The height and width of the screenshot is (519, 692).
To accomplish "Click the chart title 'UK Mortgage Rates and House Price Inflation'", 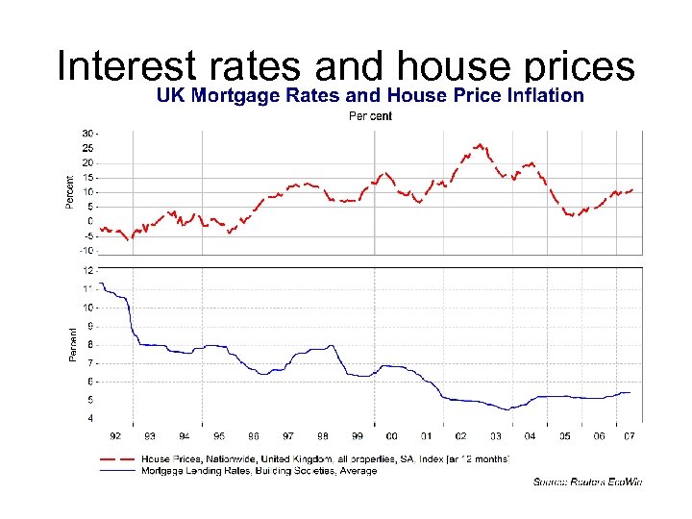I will (x=370, y=95).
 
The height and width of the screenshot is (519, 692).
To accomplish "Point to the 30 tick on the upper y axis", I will (x=88, y=133).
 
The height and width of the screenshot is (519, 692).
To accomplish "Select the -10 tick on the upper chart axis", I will (x=86, y=251).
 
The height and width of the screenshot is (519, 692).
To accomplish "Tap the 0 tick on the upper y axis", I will (x=90, y=221).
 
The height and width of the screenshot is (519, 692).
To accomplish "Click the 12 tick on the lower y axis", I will (x=88, y=270).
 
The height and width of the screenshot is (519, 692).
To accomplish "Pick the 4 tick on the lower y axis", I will (x=90, y=418).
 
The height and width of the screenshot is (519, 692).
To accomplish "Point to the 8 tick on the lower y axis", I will (x=90, y=344).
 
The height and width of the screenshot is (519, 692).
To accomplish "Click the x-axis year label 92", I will (x=115, y=435).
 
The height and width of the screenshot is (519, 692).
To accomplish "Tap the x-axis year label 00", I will (x=392, y=435).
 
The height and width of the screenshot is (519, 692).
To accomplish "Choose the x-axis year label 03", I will (x=495, y=435).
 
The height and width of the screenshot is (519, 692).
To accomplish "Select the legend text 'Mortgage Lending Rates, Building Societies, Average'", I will (x=259, y=470).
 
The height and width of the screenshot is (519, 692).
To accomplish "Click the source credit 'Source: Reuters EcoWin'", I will (x=587, y=482).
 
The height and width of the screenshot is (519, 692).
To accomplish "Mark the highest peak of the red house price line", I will (x=479, y=145).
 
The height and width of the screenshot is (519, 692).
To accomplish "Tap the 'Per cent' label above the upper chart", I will (x=369, y=116).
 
